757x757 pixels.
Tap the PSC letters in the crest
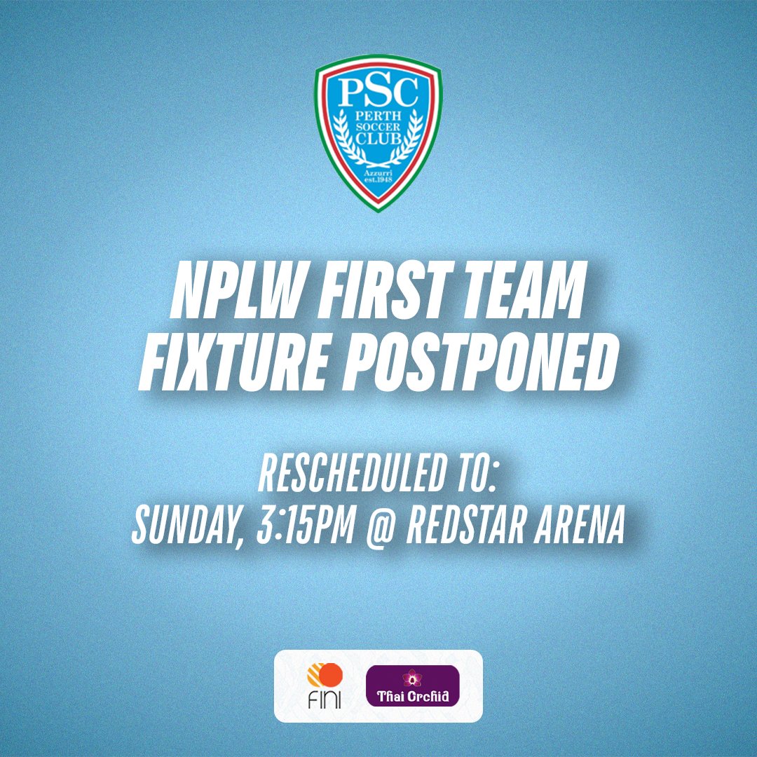(378, 93)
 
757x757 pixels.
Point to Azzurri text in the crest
(378, 171)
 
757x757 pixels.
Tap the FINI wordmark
(324, 701)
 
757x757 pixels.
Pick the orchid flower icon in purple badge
(409, 678)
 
